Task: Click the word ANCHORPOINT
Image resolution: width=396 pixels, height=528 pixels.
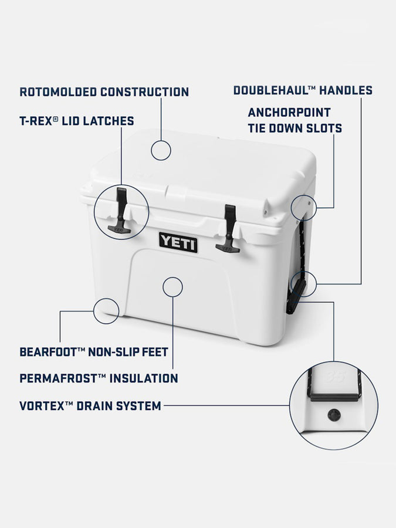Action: point(289,113)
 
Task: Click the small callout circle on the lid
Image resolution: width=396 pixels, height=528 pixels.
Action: point(161,150)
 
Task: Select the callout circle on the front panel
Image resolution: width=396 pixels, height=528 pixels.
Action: point(172,286)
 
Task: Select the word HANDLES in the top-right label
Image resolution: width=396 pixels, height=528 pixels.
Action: point(346,90)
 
